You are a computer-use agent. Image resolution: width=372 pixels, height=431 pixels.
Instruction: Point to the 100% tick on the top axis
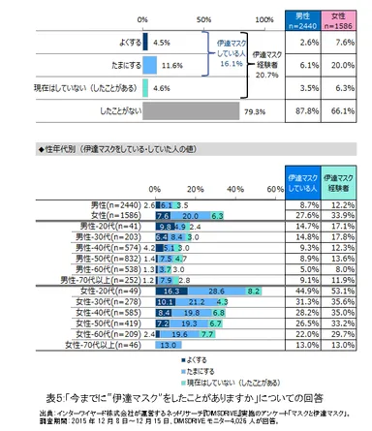263,18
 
